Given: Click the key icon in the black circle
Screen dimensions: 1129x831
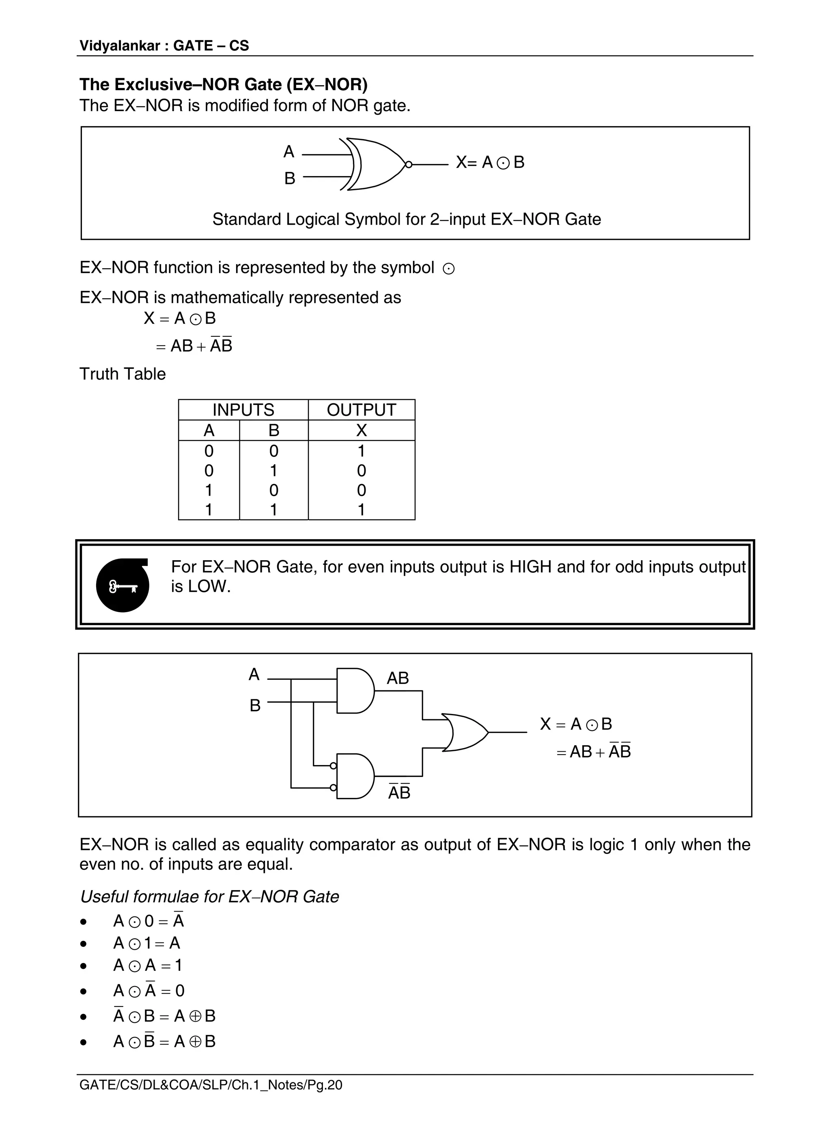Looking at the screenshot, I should (123, 586).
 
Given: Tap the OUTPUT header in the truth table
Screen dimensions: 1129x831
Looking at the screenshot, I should (361, 410).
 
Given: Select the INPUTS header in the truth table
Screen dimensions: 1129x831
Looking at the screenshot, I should (243, 410).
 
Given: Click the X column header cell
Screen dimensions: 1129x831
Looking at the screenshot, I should (361, 430).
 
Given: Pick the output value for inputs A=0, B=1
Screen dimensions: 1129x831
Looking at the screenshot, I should (361, 471).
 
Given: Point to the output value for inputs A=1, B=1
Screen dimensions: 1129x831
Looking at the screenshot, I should (361, 510).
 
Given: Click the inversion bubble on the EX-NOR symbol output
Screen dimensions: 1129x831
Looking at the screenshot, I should (409, 164).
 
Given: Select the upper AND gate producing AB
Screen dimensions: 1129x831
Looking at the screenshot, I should (355, 690).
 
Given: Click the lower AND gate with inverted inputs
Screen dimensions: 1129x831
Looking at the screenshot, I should (355, 776).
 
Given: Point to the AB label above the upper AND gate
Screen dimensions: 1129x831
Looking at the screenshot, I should (397, 678).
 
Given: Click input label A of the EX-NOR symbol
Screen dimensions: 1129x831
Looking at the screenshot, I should (289, 151).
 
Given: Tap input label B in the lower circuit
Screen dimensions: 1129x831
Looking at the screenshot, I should (255, 705).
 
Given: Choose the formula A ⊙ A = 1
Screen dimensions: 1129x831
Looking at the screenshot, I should (148, 966).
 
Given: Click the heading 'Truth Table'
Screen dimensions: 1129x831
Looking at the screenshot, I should (123, 374).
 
